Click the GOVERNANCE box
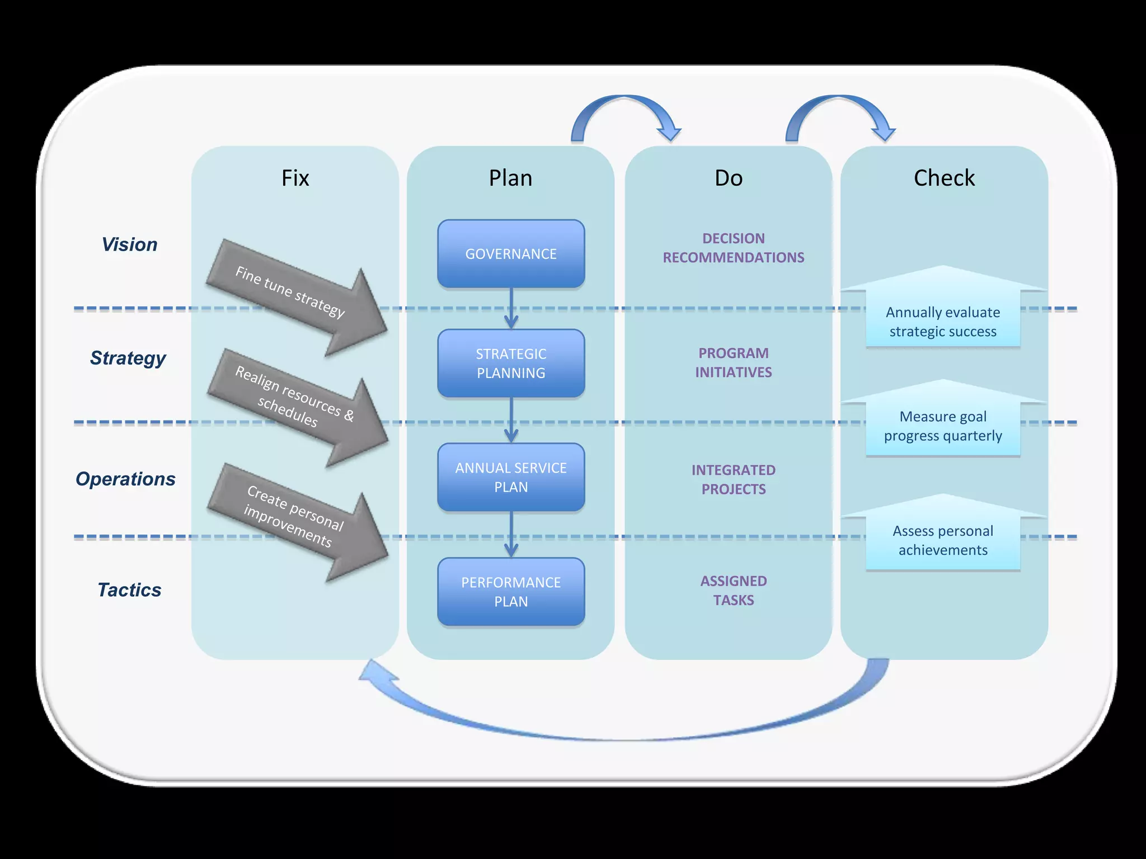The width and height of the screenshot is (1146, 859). point(511,254)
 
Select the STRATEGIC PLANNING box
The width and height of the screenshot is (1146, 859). point(511,364)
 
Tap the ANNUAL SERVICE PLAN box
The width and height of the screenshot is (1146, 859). point(511,478)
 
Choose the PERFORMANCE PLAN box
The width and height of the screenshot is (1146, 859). point(511,592)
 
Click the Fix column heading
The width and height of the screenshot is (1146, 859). point(295,178)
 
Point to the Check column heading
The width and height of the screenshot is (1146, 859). point(944,178)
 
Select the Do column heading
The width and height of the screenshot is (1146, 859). point(729,178)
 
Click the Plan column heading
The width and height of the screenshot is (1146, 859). point(510,178)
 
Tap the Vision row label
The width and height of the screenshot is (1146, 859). point(129,244)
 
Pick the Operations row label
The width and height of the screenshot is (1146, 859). point(125,479)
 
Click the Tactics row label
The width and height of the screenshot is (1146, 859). point(129,590)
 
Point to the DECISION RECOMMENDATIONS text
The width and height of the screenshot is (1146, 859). point(733,248)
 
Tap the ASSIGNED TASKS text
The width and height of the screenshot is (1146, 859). point(733,591)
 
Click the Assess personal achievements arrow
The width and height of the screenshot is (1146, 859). point(943,537)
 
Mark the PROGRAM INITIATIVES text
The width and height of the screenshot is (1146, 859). point(733,362)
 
